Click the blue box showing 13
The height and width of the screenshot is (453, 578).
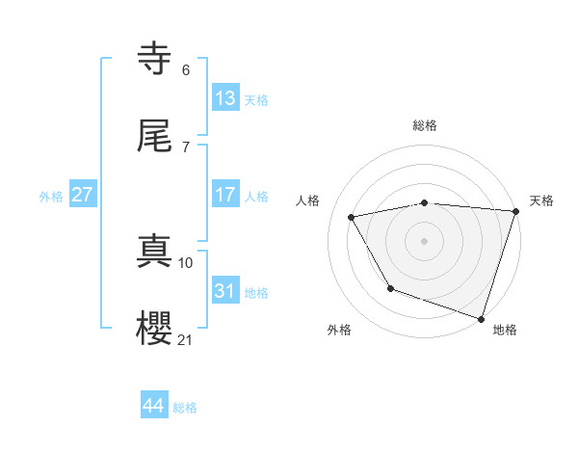225,97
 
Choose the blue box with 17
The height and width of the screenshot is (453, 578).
225,194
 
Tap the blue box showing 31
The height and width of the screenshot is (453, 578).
225,290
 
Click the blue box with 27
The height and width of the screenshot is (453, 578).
83,195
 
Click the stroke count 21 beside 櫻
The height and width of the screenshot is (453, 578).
186,339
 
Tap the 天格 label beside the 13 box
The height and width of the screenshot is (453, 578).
256,100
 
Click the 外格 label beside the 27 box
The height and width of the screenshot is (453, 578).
51,197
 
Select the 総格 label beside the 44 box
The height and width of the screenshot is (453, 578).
185,408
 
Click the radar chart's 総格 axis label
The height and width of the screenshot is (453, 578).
425,125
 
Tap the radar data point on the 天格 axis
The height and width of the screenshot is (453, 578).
514,212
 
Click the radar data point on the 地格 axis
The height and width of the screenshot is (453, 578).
480,318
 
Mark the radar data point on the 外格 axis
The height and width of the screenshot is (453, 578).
390,288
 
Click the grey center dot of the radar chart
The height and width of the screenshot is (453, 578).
425,241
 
